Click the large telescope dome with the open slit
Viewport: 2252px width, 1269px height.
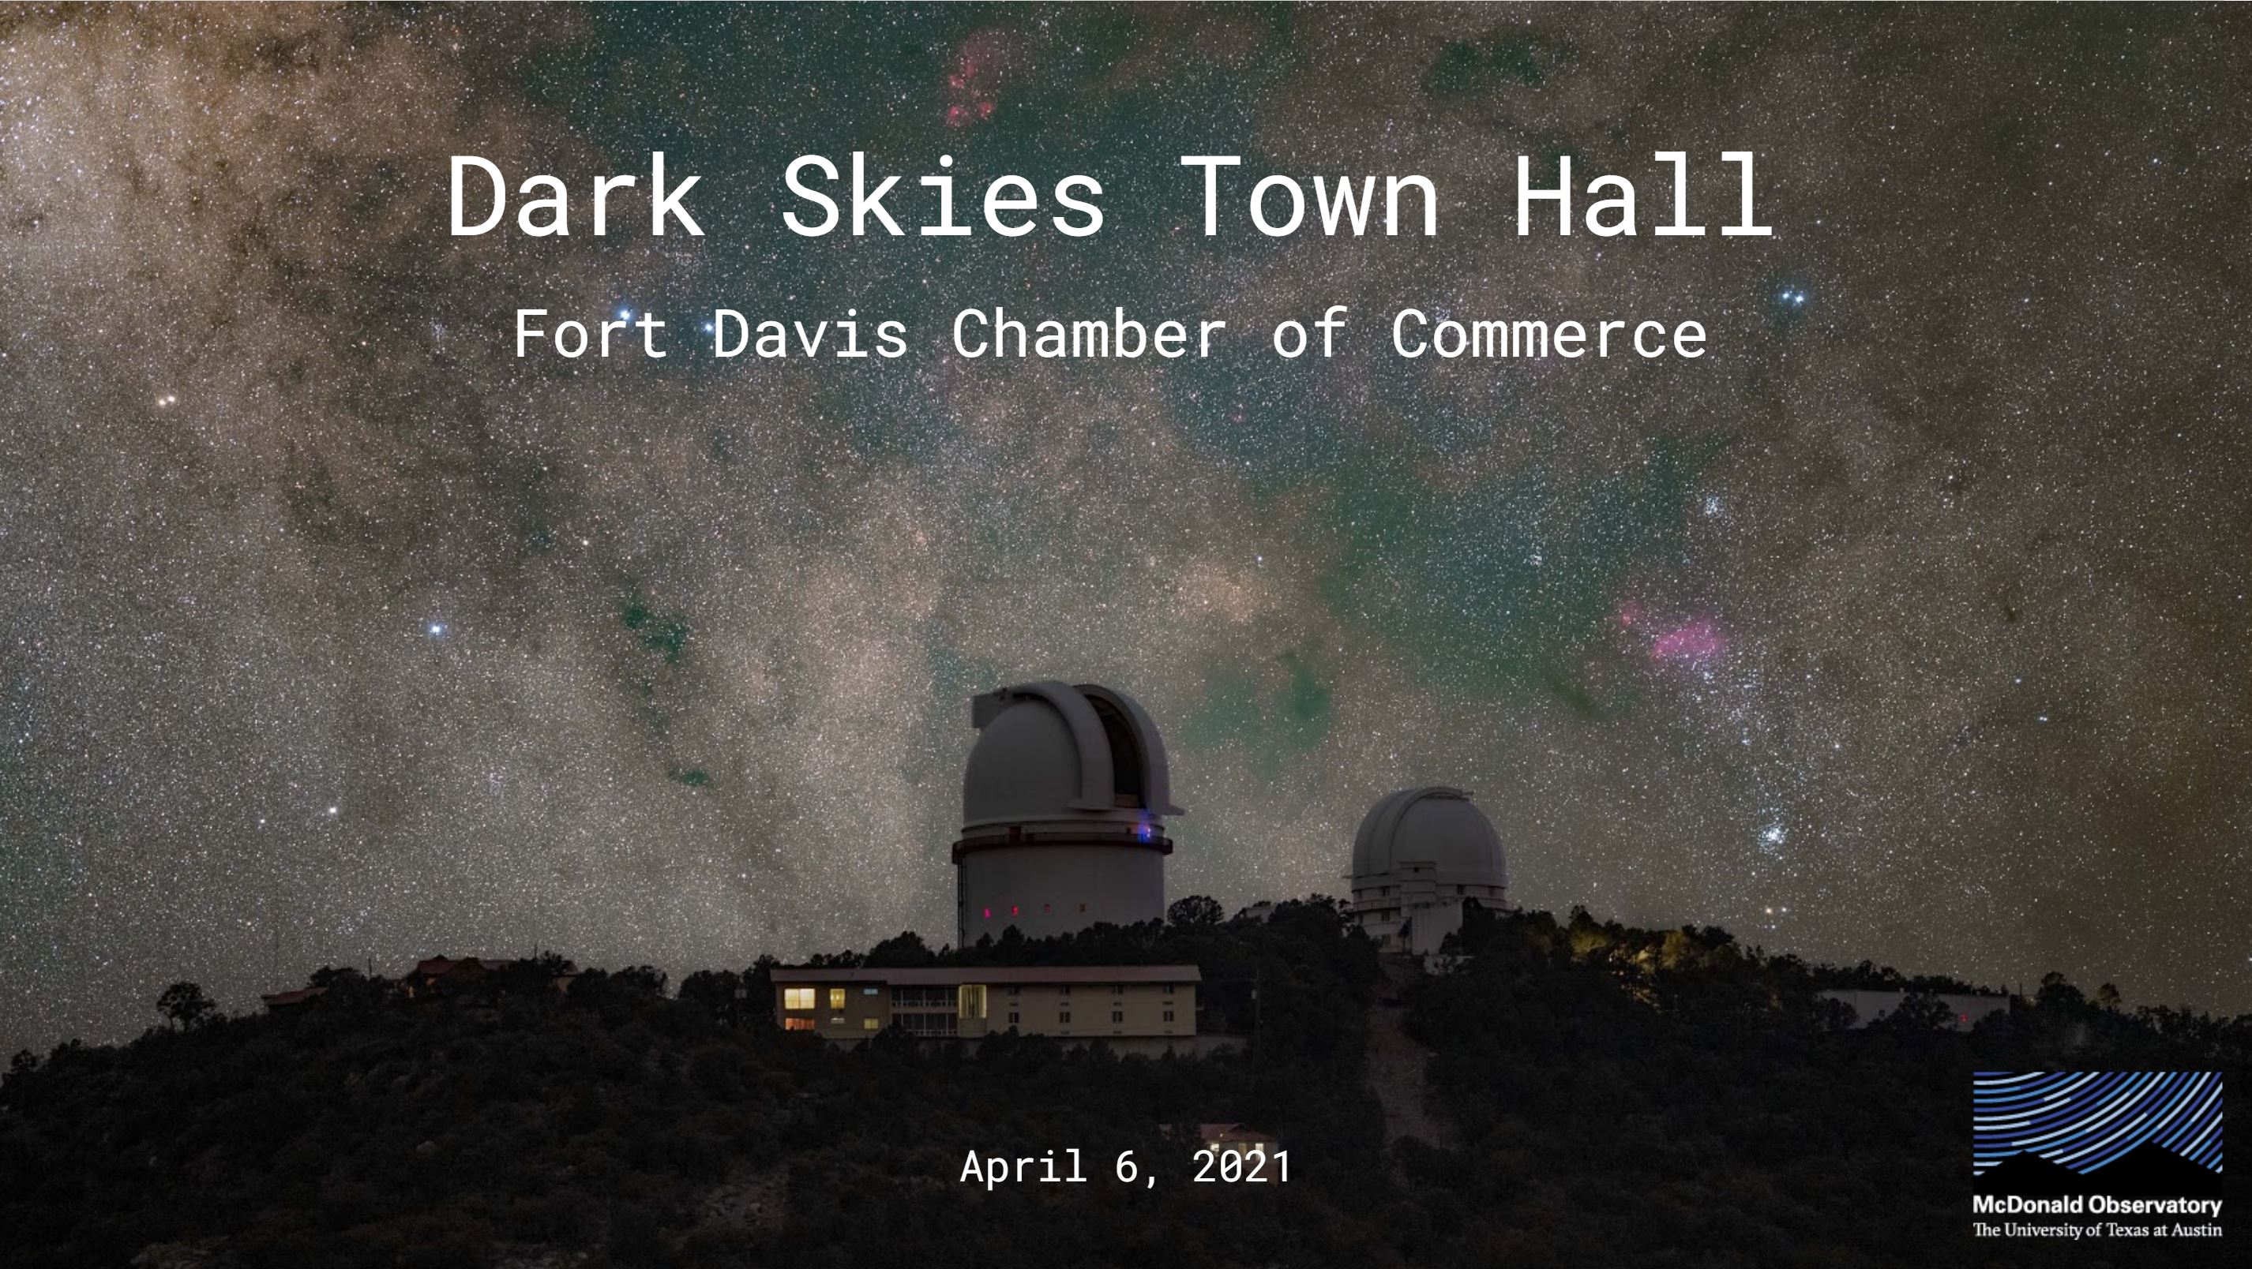(x=1064, y=813)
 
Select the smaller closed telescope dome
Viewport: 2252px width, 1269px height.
(x=1428, y=865)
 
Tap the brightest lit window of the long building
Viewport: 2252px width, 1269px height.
(x=799, y=998)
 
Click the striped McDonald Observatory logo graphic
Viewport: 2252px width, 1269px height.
(x=2097, y=1123)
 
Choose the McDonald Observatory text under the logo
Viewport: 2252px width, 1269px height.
(x=2097, y=1205)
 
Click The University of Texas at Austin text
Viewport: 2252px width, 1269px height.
(x=2097, y=1230)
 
